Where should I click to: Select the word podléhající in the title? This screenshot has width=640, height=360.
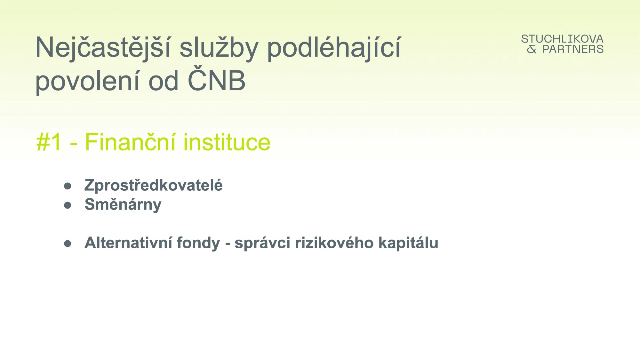pyautogui.click(x=334, y=47)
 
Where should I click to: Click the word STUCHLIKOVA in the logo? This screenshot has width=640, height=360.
pyautogui.click(x=562, y=39)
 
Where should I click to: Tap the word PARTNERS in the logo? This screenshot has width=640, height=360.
pyautogui.click(x=573, y=49)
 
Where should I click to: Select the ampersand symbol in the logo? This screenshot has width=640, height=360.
pyautogui.click(x=532, y=49)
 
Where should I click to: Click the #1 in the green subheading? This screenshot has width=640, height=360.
pyautogui.click(x=49, y=142)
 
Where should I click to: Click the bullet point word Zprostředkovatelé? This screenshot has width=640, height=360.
pyautogui.click(x=154, y=185)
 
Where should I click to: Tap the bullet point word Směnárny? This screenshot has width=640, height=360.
pyautogui.click(x=123, y=204)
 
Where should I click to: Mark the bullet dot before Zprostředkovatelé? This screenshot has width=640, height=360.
pyautogui.click(x=68, y=186)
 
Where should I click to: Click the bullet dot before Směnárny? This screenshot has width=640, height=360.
pyautogui.click(x=68, y=205)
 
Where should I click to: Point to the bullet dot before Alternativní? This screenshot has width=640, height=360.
pyautogui.click(x=68, y=244)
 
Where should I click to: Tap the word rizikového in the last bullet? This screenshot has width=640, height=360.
pyautogui.click(x=334, y=243)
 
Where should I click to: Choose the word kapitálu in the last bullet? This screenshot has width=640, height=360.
pyautogui.click(x=408, y=243)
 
